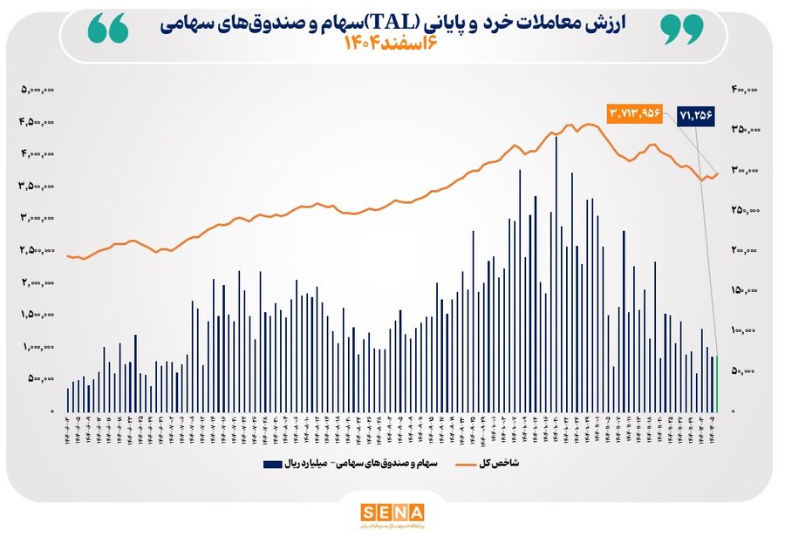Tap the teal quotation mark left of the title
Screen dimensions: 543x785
click(x=108, y=29)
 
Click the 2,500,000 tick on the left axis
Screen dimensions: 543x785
click(x=39, y=251)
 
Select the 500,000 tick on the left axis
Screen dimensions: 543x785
click(x=41, y=379)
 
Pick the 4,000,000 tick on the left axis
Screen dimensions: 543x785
click(x=39, y=154)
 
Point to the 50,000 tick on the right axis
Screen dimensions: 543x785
click(x=745, y=371)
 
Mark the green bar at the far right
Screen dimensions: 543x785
click(x=717, y=383)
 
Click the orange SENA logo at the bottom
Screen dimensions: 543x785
click(x=392, y=512)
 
